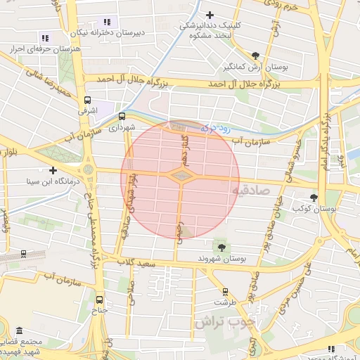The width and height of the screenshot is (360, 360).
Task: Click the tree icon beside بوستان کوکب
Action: pos(314,198)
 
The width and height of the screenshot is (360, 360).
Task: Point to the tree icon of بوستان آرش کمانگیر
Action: pos(255,56)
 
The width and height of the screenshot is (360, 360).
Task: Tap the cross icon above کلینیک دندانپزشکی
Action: pos(210,15)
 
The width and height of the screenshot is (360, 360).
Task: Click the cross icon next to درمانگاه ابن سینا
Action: pos(53,170)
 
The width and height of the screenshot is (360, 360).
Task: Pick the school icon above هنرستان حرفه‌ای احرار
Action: pos(45,38)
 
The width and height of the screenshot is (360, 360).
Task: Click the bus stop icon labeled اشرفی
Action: pos(87,100)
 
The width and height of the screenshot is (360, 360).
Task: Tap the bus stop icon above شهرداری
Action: pos(122,117)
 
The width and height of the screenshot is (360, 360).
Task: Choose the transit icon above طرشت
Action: pos(225,291)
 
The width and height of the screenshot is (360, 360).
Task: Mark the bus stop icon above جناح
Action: pos(98,299)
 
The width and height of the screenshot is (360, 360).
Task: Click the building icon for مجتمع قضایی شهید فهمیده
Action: pos(19,330)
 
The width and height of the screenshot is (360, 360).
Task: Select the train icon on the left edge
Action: pos(23,254)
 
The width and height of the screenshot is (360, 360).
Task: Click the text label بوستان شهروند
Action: pos(224,259)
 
